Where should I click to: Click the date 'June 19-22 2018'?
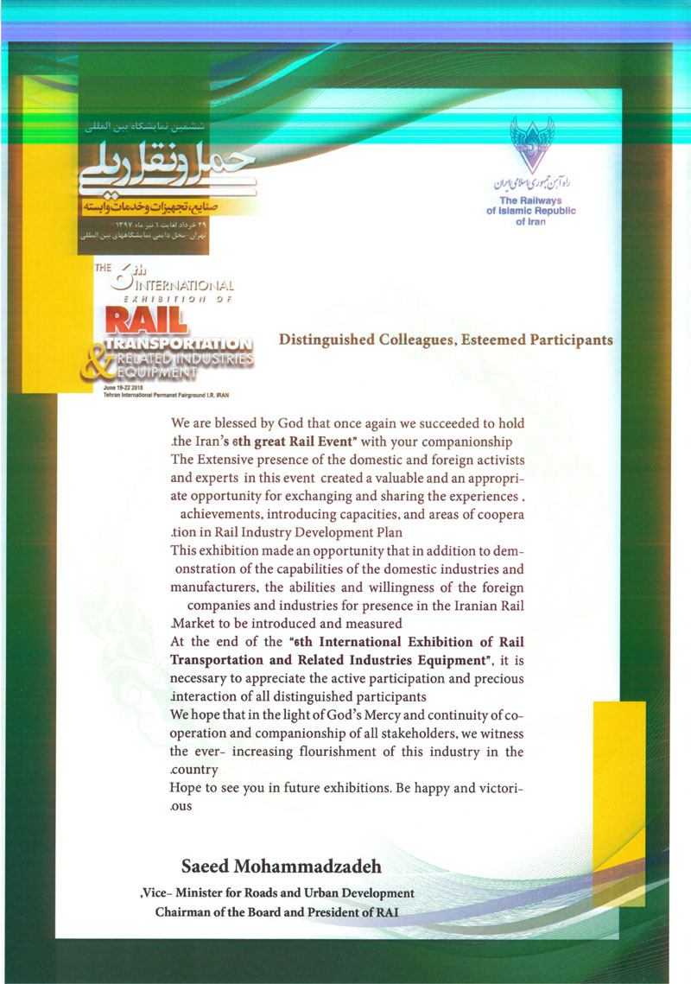coord(124,389)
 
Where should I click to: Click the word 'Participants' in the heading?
coord(567,340)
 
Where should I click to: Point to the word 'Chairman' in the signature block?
coord(184,912)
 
